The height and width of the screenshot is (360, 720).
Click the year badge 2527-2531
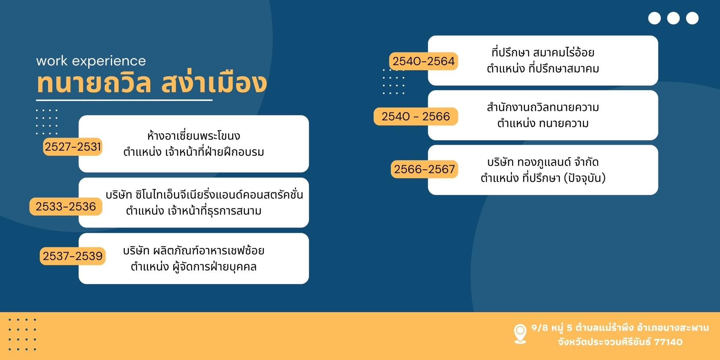(x=73, y=147)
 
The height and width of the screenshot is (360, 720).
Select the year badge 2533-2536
(x=66, y=207)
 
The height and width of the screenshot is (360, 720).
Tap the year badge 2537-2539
(x=73, y=256)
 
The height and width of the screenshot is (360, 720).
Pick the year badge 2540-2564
(x=423, y=61)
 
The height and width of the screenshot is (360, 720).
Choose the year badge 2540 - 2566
(x=416, y=116)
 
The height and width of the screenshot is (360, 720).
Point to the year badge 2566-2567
(x=424, y=169)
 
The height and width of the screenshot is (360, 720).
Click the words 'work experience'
(x=91, y=61)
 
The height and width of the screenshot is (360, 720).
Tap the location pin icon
(x=520, y=334)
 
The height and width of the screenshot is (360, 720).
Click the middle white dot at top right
(x=673, y=18)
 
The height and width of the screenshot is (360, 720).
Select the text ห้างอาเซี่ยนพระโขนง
(x=194, y=135)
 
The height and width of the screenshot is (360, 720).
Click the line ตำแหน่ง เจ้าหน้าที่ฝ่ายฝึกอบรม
(x=194, y=152)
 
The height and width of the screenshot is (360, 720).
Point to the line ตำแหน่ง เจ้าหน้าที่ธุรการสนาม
(x=194, y=211)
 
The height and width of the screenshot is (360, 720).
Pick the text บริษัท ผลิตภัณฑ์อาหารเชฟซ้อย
(x=194, y=250)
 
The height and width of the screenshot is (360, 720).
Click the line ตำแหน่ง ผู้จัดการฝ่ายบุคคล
(x=194, y=266)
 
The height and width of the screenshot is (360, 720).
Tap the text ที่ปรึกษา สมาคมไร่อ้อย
(x=543, y=52)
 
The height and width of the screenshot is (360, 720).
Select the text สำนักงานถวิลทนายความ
(x=543, y=107)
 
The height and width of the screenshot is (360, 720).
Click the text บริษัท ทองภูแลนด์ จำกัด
(x=543, y=162)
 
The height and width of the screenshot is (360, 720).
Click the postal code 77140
(x=668, y=342)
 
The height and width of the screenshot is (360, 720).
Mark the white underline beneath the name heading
(x=124, y=100)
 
